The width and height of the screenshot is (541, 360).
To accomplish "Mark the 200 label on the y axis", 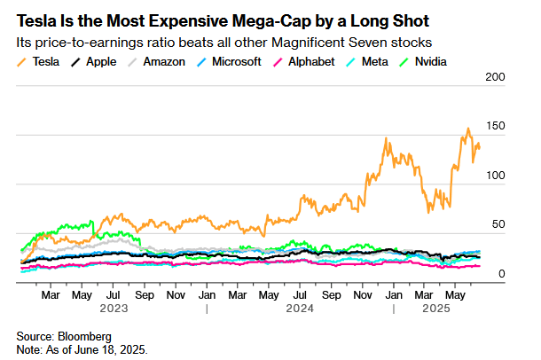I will click(493, 78).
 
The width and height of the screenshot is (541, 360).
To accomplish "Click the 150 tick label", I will click(493, 127).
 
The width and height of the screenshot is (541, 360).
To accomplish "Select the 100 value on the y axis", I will click(493, 176).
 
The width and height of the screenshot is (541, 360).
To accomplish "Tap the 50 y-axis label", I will click(497, 224).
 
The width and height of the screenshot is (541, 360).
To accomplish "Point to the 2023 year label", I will click(113, 309).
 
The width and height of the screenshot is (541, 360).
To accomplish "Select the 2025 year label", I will click(438, 309).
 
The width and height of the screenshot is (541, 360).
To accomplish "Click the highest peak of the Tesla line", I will click(467, 129).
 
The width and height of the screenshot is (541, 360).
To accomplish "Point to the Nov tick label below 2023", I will click(176, 293).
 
